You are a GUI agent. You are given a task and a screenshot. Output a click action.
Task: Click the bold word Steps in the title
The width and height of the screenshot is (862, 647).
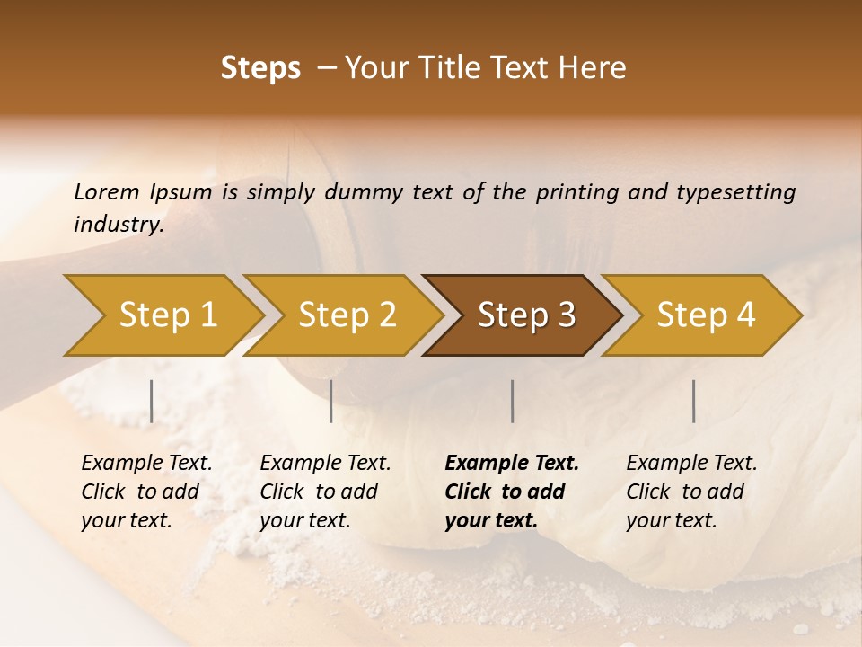coord(260,68)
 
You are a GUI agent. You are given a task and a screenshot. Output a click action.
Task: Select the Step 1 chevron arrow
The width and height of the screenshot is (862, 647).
coord(167,315)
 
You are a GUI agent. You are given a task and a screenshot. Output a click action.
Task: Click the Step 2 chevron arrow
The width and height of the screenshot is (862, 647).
coord(347,315)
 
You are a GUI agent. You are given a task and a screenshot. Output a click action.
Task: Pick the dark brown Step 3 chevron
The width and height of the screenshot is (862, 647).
coord(526,315)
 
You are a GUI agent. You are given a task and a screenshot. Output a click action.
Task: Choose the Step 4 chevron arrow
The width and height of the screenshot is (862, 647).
coord(706,315)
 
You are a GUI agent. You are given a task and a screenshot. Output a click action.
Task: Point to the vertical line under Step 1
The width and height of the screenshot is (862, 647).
coord(152,401)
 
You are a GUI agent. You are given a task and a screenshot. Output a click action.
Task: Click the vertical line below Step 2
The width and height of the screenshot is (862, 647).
coord(331,401)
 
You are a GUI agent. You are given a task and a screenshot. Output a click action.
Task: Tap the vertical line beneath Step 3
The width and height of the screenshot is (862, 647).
coord(513,401)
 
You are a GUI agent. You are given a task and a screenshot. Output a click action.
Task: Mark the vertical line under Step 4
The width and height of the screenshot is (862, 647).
coord(693,401)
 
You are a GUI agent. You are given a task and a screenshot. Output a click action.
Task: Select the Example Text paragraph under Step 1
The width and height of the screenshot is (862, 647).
coord(146,492)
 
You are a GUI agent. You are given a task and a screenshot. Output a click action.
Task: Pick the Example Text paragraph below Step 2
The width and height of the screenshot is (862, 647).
coord(325,492)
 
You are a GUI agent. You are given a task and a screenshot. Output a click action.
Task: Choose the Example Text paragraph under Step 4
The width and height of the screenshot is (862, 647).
coord(691,492)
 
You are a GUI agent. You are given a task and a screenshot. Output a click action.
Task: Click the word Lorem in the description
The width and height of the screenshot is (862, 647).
coord(107,192)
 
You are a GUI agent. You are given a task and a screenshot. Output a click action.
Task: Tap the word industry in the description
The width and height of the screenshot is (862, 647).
coord(118,225)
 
